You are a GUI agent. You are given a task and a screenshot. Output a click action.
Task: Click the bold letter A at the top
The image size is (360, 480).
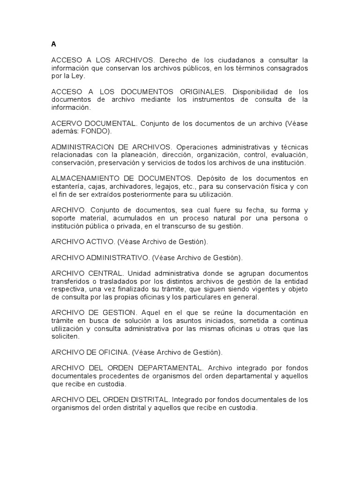click(x=53, y=45)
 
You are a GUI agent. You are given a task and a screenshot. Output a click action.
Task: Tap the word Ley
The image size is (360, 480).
click(x=79, y=75)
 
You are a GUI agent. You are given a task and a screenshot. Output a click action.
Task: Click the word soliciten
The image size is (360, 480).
click(x=65, y=337)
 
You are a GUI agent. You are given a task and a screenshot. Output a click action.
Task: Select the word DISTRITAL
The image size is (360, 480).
click(x=147, y=400)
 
